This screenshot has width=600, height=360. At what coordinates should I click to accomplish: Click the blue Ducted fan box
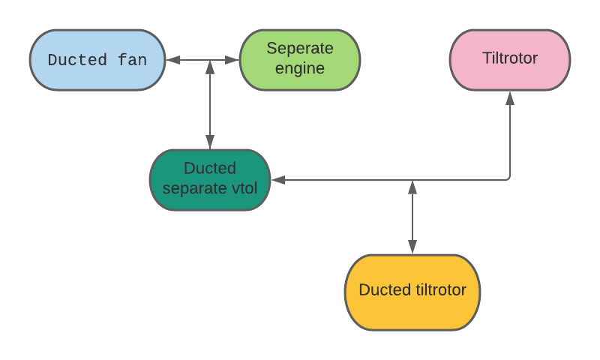[97, 60]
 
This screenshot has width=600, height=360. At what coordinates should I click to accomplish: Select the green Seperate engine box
[300, 60]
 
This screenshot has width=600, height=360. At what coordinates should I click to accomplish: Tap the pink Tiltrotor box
[510, 60]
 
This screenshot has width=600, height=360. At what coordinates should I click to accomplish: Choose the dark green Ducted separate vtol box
[210, 180]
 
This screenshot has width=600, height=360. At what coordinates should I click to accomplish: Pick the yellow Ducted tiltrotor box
[412, 292]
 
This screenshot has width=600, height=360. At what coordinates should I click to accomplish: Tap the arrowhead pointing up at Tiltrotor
[510, 97]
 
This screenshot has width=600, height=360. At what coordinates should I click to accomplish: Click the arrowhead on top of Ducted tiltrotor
[412, 247]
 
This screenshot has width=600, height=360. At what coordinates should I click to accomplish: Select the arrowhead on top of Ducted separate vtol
[210, 142]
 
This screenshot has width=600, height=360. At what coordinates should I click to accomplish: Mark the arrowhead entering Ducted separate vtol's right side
[277, 180]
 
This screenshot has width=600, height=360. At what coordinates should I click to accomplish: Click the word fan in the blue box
[132, 60]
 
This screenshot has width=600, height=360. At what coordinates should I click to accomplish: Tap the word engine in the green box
[300, 69]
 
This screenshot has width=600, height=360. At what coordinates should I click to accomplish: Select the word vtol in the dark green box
[241, 188]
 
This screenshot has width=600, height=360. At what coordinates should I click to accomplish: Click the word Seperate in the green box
[300, 49]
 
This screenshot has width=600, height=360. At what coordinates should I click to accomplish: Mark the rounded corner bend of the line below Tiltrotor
[508, 178]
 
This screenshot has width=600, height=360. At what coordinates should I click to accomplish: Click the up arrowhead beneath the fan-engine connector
[210, 67]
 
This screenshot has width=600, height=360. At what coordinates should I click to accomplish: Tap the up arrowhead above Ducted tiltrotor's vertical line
[412, 187]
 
